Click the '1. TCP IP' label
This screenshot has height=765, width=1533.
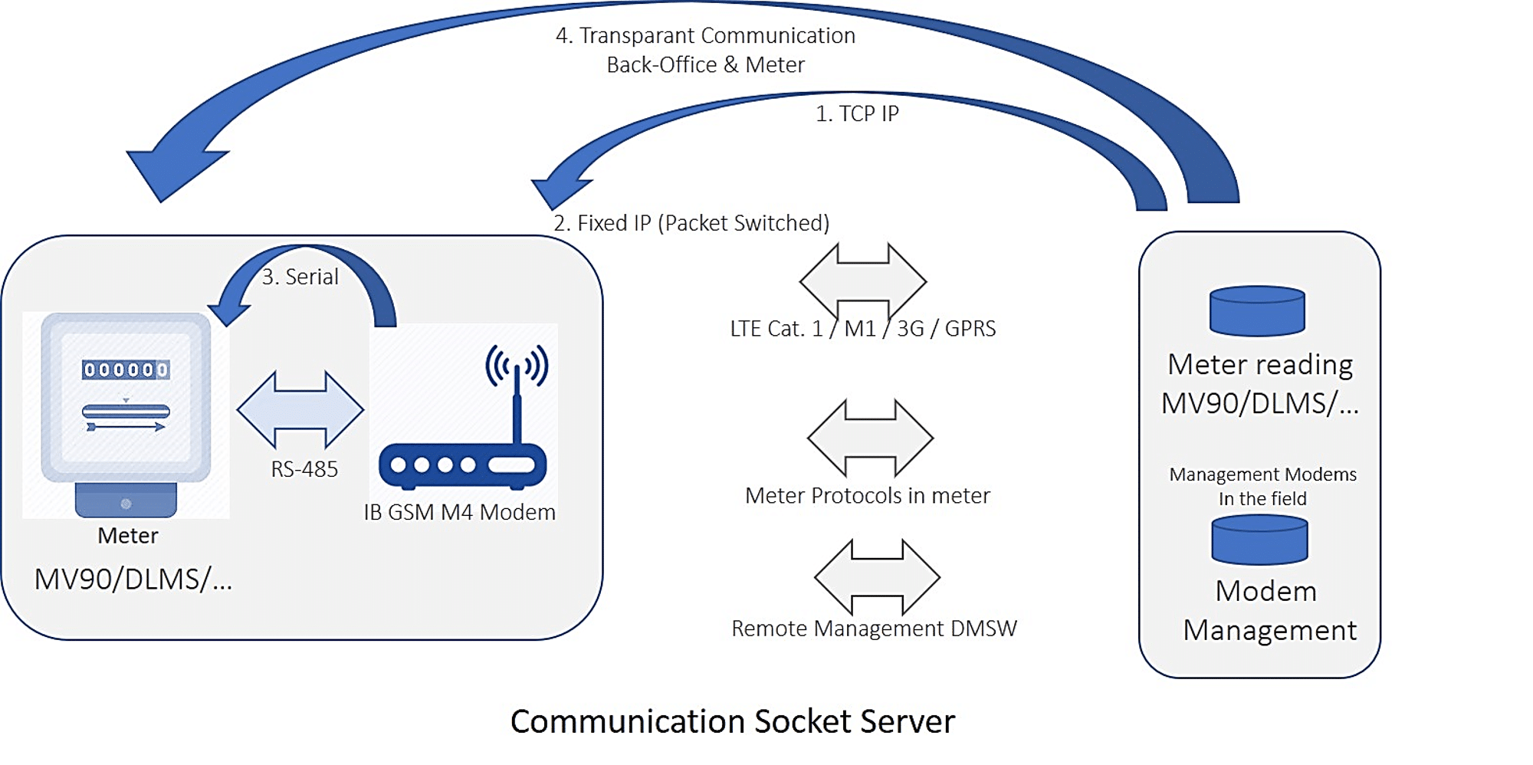pyautogui.click(x=856, y=114)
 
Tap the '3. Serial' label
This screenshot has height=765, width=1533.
pyautogui.click(x=300, y=277)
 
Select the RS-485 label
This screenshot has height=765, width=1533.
pyautogui.click(x=304, y=469)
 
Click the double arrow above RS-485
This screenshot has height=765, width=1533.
pyautogui.click(x=300, y=410)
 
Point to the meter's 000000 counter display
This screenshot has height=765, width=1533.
pyautogui.click(x=126, y=370)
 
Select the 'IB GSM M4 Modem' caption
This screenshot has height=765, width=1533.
pyautogui.click(x=459, y=512)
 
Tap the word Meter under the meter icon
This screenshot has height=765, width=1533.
pyautogui.click(x=127, y=536)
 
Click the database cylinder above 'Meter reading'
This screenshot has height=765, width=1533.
pyautogui.click(x=1257, y=311)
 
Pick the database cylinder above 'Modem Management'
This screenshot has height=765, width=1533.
pyautogui.click(x=1259, y=540)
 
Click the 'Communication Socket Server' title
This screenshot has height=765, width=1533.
pyautogui.click(x=732, y=722)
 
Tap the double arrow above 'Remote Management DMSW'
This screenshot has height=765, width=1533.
pyautogui.click(x=877, y=577)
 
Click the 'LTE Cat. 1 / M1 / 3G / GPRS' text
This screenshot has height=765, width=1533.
pyautogui.click(x=862, y=329)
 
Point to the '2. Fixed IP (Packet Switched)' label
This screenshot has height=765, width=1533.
pyautogui.click(x=691, y=223)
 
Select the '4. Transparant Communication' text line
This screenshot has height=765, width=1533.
pyautogui.click(x=705, y=36)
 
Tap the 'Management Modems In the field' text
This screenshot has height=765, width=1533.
pyautogui.click(x=1262, y=486)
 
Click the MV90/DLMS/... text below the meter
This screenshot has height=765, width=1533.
pyautogui.click(x=133, y=579)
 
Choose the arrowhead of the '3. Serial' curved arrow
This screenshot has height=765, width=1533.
pyautogui.click(x=228, y=310)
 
